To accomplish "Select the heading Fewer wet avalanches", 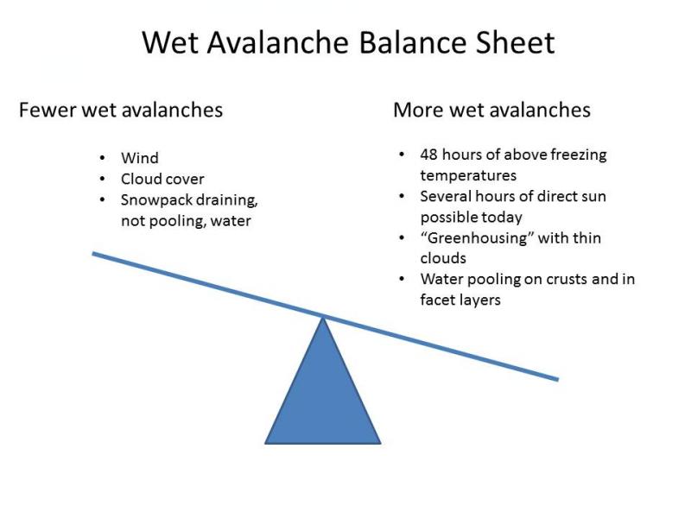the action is point(121,110).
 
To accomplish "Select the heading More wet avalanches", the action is point(491,110).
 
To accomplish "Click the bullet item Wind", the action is point(140,158).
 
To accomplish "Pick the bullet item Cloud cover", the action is point(162,179).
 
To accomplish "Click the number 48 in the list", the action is point(428,155).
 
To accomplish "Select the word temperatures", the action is point(468,176).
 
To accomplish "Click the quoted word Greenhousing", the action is point(478,238).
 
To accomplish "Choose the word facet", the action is point(436,300).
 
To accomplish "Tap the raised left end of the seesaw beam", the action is point(93,254).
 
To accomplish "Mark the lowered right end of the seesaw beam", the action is point(557,379).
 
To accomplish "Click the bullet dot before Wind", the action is point(102,158).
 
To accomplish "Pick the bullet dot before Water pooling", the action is point(402,279).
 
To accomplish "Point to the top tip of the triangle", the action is point(323,317).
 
